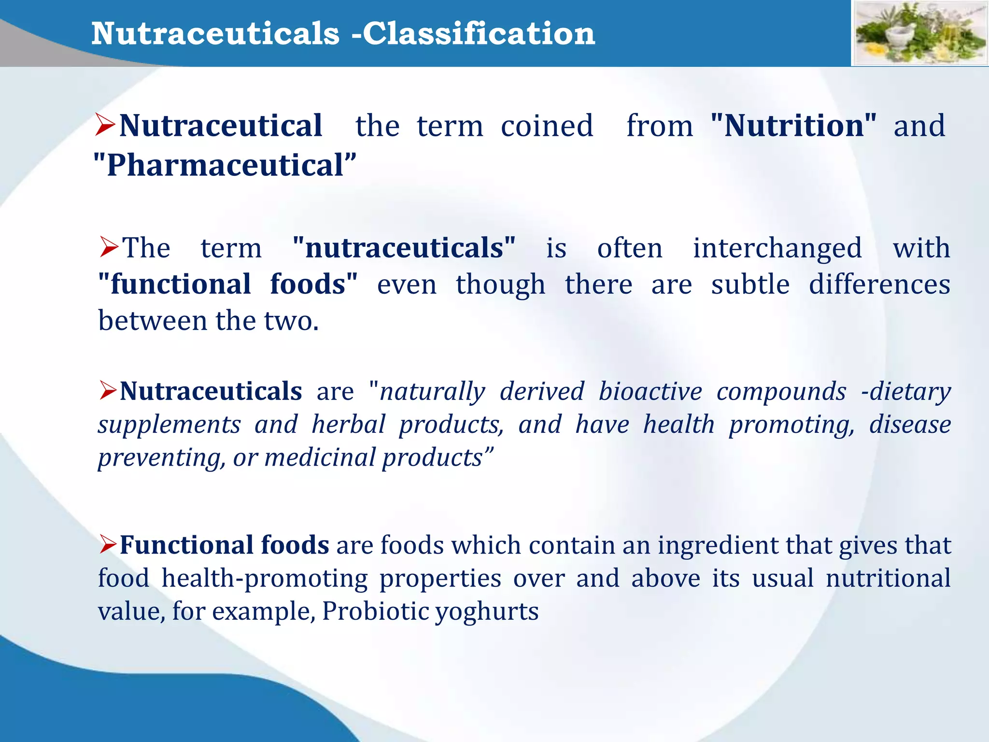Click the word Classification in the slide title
[479, 34]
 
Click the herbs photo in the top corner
[920, 33]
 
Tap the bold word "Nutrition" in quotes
[793, 126]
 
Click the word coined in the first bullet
[547, 126]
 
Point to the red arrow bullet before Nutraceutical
[105, 125]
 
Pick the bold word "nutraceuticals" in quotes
[404, 248]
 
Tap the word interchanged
[777, 248]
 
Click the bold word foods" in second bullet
[314, 284]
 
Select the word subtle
[750, 284]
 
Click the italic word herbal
[348, 424]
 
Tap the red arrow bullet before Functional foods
[109, 544]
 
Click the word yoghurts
[487, 612]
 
